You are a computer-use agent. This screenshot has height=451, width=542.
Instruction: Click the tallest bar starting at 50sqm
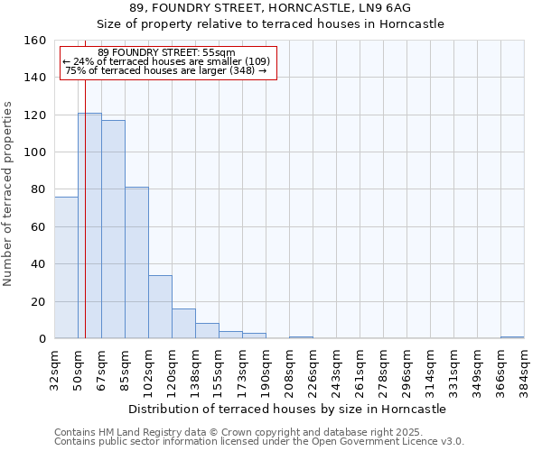coord(89,225)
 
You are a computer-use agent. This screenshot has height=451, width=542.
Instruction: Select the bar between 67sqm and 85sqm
coord(113,229)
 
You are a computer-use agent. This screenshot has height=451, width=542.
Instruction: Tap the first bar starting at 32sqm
coord(66,267)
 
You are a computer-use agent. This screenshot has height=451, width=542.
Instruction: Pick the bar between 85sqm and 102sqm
coord(136,262)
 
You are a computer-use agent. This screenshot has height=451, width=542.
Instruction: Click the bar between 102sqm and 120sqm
coord(160,307)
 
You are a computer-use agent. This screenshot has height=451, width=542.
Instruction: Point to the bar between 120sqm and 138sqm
coord(183,323)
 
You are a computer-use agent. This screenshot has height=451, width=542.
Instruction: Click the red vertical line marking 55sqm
coord(85,207)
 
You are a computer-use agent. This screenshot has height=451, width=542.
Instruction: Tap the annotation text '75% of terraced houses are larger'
coord(166,70)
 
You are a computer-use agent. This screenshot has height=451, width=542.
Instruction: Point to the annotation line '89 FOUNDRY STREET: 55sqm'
coord(166,52)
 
